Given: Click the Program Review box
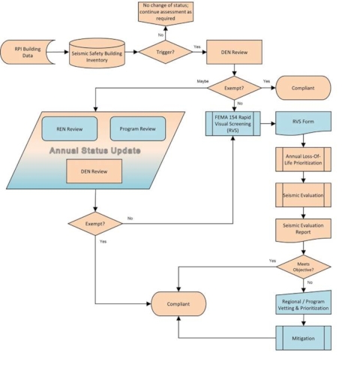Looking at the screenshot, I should (137, 128).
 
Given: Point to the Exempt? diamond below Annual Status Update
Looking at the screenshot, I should (95, 224).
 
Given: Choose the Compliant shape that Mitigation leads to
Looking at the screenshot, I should (178, 303).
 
